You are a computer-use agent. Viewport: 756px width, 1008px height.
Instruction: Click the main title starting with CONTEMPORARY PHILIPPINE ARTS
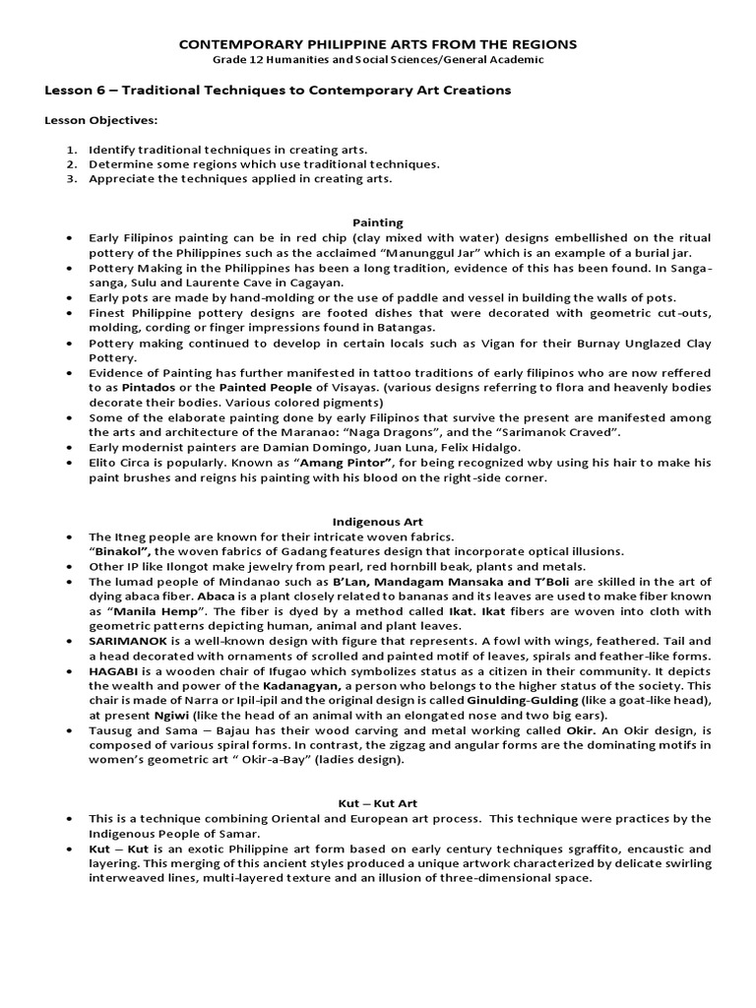[377, 45]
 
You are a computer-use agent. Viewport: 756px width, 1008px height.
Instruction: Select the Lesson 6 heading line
[278, 91]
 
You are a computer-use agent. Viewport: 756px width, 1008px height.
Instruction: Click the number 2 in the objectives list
[72, 164]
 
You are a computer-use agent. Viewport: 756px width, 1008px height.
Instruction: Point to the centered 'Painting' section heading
[377, 223]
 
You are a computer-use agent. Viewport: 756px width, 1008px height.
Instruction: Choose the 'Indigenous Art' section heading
[378, 522]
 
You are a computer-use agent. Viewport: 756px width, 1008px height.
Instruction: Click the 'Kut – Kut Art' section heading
[378, 803]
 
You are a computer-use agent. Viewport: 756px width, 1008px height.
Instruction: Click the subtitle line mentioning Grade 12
[377, 60]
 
